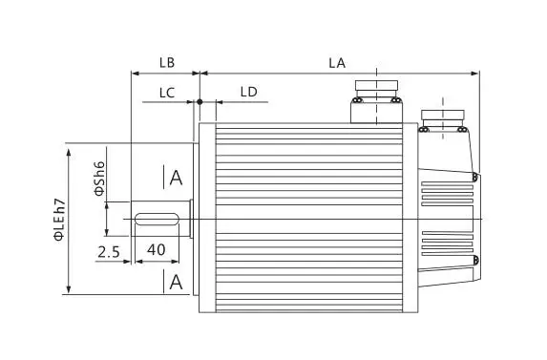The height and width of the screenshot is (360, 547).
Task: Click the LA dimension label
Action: [336, 63]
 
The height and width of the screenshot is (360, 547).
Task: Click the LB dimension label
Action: [165, 63]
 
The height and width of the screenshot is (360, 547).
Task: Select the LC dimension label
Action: [166, 92]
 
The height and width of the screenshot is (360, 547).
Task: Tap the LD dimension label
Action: [248, 92]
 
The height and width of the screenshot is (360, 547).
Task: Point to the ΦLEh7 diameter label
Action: [59, 219]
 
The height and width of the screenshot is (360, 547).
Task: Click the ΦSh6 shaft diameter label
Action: [98, 178]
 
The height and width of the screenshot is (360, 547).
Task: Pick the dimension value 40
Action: [158, 249]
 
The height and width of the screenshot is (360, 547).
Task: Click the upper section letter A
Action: [175, 178]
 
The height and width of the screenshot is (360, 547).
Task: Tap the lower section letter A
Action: [175, 282]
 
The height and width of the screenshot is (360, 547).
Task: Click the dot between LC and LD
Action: [200, 101]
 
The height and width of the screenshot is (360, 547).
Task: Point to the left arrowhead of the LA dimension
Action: [204, 73]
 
